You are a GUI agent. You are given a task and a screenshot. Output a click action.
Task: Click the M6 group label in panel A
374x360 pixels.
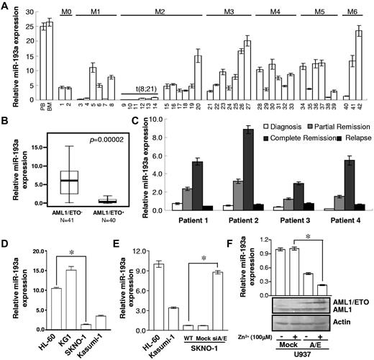pyautogui.click(x=352, y=11)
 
